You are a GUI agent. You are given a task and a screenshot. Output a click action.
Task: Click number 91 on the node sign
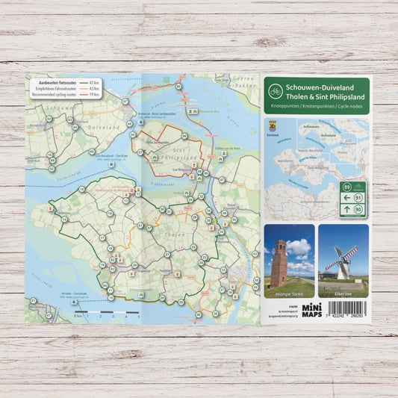(358, 197)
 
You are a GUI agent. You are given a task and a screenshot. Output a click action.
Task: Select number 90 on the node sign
(358, 210)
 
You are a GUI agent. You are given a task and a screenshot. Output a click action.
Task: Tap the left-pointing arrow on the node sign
(346, 197)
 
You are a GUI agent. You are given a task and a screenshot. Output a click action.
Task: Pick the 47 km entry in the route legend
(94, 81)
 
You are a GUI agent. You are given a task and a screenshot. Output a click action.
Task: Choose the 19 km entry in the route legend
(94, 95)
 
